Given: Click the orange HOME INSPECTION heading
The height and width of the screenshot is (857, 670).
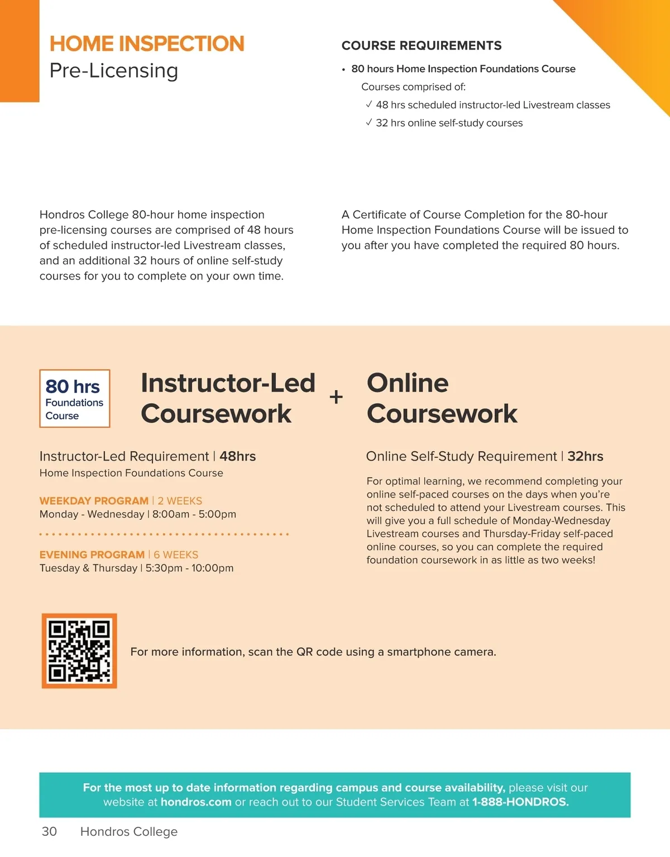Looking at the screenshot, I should tap(147, 44).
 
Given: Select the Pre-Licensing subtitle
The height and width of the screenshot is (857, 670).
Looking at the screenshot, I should tap(114, 71).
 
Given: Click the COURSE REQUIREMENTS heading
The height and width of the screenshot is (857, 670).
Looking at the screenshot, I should tap(422, 46).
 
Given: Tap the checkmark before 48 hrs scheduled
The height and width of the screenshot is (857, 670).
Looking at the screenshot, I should tap(369, 104).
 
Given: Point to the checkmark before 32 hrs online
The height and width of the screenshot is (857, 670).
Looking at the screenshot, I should tap(369, 122).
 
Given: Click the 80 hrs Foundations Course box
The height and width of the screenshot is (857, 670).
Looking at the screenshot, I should tap(74, 399).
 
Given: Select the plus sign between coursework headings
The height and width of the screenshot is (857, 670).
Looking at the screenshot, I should tap(336, 397).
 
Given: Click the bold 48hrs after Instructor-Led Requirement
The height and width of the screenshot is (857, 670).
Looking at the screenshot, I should tap(238, 456).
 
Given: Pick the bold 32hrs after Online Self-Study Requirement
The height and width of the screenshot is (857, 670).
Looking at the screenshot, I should tap(585, 456).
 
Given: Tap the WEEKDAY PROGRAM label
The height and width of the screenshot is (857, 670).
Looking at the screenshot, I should tap(94, 501).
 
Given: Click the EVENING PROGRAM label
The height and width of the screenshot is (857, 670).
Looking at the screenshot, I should tap(92, 554).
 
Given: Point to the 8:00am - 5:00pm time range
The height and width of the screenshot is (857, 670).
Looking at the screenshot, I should tap(194, 514).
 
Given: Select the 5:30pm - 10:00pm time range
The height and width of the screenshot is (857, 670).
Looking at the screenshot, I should tap(190, 568).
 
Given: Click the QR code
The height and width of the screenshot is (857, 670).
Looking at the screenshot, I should tap(79, 651).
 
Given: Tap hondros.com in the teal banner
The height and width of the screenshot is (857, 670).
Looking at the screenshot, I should tap(196, 802).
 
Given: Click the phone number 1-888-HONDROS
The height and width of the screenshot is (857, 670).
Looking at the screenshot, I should tap(520, 802).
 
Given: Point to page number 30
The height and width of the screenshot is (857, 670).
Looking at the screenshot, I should tap(49, 831).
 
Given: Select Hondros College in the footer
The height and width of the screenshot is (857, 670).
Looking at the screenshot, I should tap(129, 831).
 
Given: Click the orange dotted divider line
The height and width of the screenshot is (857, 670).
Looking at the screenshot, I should tap(164, 534).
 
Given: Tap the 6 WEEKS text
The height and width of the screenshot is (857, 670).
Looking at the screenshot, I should tap(176, 554).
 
